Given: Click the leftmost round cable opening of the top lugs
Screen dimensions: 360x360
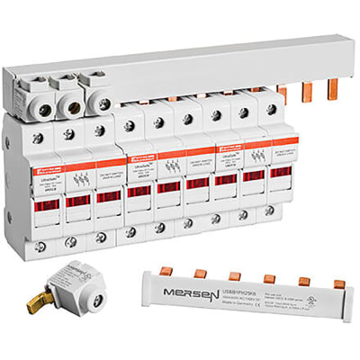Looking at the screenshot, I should pos(38,102).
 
